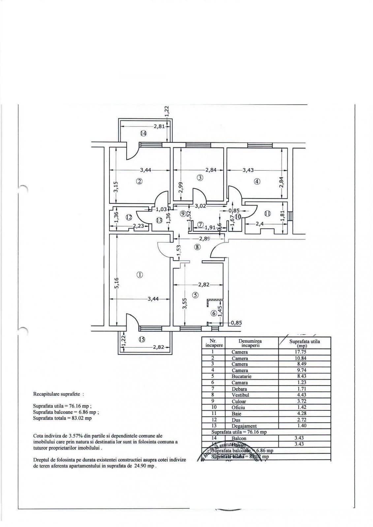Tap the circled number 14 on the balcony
point(143,133)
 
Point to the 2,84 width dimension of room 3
point(211,170)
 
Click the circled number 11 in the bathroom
point(267,213)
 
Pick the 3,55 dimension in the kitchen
point(185,303)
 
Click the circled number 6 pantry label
point(214,313)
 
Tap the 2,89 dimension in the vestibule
point(204,239)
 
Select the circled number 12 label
point(129,217)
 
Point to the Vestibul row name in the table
point(240,395)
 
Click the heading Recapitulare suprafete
point(58,394)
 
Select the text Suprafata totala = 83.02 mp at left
point(62,418)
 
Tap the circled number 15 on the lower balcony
point(141,340)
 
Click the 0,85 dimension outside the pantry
point(236,323)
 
